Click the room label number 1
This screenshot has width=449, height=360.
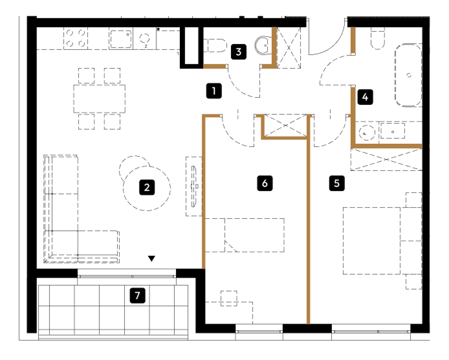[x=214, y=91]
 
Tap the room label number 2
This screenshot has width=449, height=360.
[x=147, y=188]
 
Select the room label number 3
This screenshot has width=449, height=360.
[x=239, y=52]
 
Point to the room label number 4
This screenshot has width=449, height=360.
[x=365, y=97]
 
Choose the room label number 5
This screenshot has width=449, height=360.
[x=336, y=183]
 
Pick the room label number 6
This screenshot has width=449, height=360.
[x=265, y=183]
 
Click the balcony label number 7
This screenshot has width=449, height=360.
[x=137, y=295]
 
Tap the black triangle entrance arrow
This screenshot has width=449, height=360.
[x=151, y=258]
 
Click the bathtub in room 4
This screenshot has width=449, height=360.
[x=408, y=75]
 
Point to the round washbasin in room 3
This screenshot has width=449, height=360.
[x=263, y=45]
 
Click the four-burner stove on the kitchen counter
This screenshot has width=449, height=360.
[x=76, y=38]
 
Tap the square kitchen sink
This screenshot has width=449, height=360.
[x=121, y=39]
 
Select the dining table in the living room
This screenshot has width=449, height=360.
[x=100, y=98]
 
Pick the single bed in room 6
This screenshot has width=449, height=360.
[x=245, y=235]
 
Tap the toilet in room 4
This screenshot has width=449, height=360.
[x=378, y=38]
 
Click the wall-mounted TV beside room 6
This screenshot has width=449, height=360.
[x=195, y=186]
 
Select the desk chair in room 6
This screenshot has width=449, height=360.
[x=229, y=298]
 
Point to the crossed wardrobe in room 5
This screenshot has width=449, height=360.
[x=386, y=159]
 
